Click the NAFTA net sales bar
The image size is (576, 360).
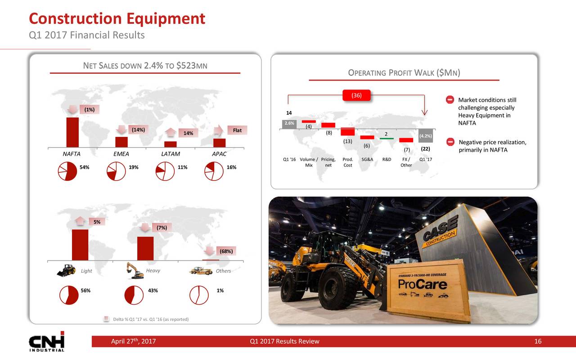point(72,132)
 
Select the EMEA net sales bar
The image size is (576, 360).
point(121,142)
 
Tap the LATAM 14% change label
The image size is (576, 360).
point(188,133)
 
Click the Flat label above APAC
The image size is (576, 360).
point(237,130)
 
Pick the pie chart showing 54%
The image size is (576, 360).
point(67,171)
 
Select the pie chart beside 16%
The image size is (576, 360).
point(214,171)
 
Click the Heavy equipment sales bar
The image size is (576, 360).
point(145,248)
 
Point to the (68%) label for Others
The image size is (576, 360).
point(226,251)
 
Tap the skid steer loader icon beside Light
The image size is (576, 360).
point(66,270)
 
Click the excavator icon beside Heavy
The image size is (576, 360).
point(135,270)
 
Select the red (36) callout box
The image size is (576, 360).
point(356,95)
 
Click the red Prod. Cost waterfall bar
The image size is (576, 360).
point(348,132)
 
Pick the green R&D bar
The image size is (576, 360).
point(387,139)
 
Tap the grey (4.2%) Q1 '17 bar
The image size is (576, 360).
point(426,135)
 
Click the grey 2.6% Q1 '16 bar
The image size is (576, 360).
point(289,125)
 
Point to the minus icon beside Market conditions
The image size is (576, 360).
point(450,99)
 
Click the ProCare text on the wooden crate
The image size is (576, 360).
point(422,284)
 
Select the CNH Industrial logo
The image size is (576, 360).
point(46,342)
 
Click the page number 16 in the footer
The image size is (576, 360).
point(538,341)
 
